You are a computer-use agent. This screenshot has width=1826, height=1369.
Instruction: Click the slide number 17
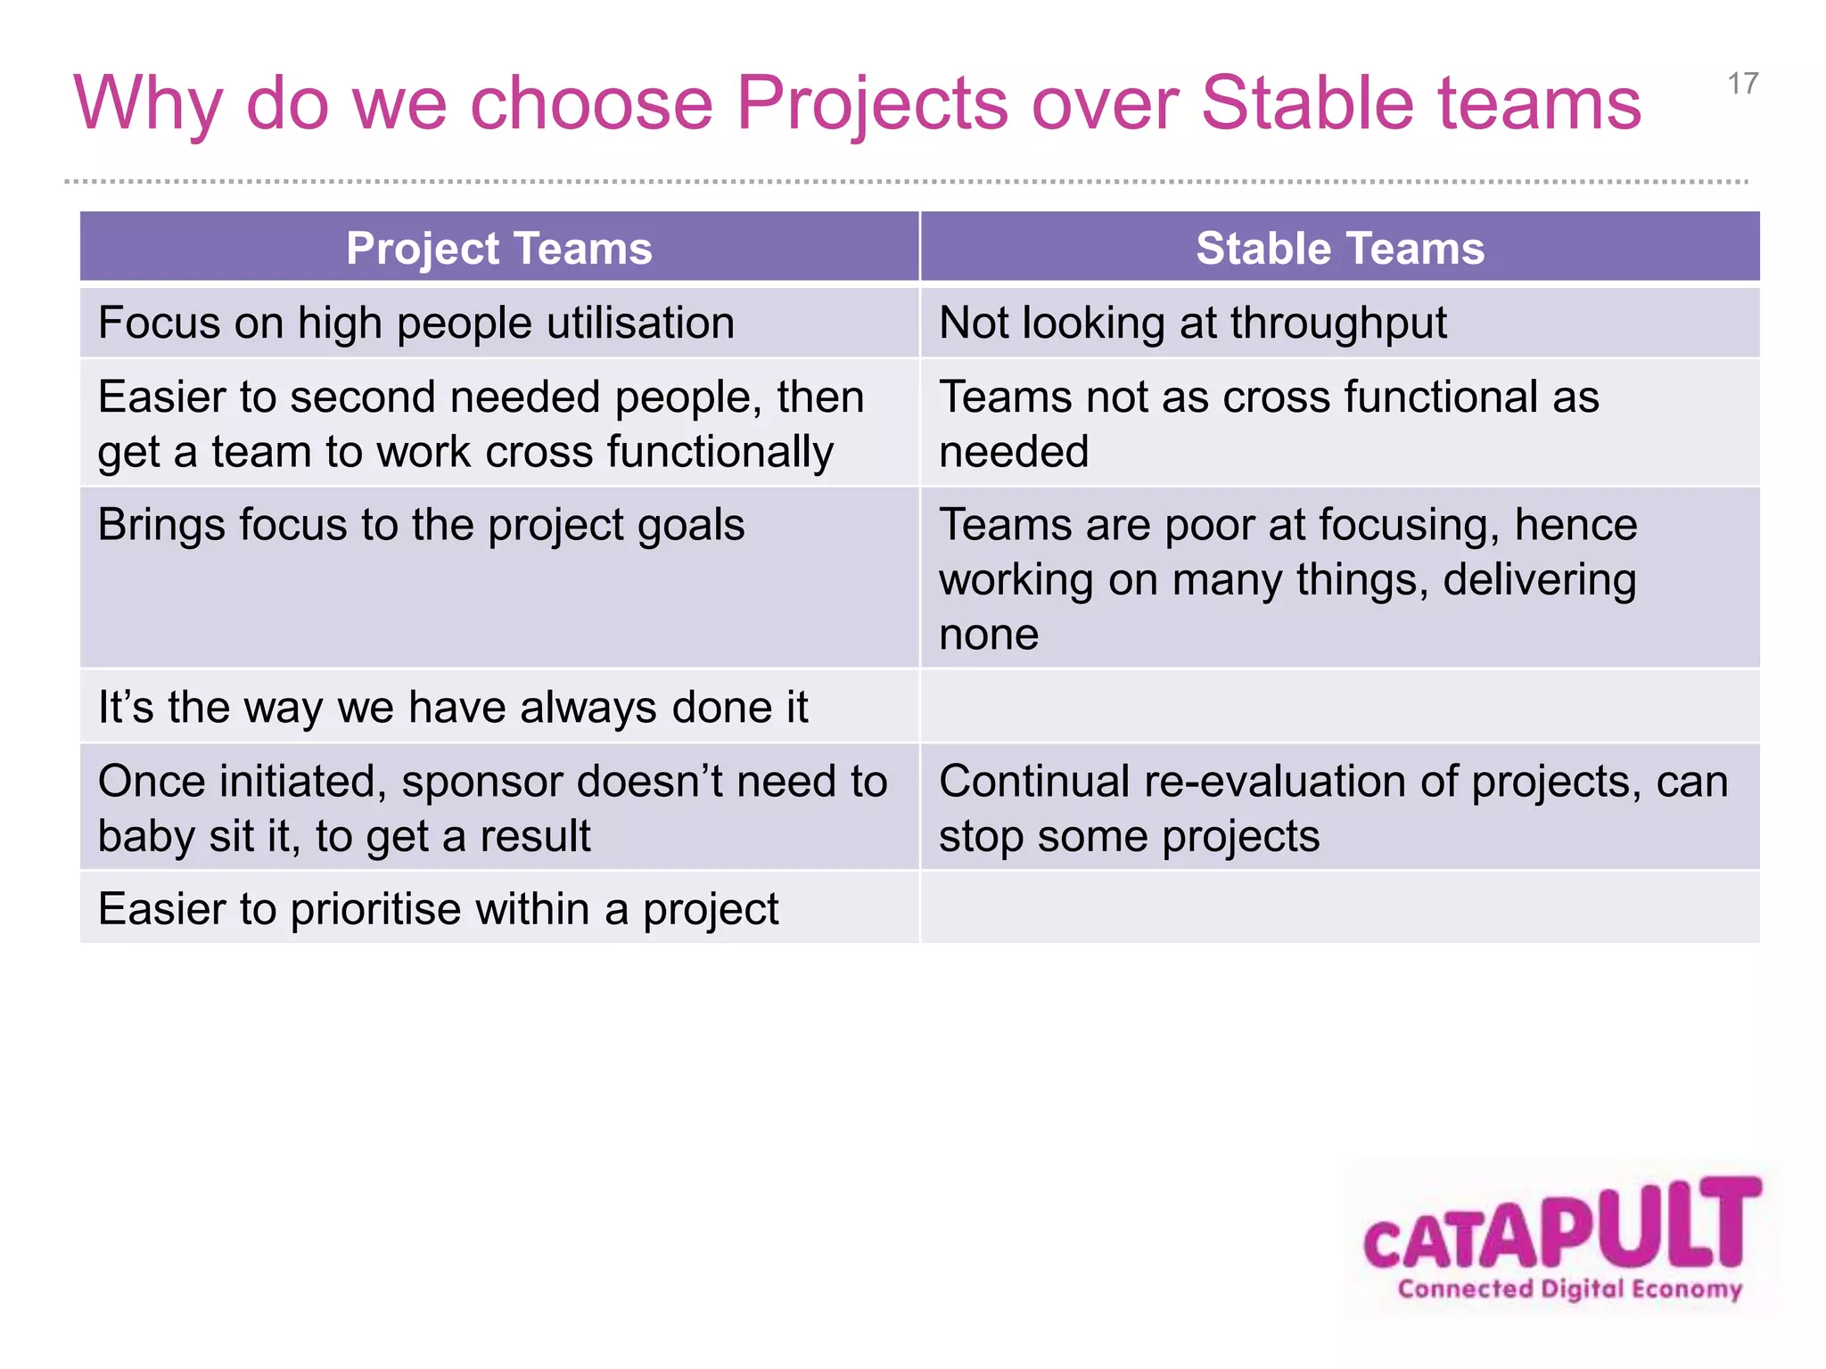[x=1742, y=84]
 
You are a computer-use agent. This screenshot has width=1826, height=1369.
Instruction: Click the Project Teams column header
[x=498, y=248]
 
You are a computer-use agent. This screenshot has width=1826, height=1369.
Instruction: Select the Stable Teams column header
[x=1339, y=248]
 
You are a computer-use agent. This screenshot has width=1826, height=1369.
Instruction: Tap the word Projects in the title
[x=872, y=103]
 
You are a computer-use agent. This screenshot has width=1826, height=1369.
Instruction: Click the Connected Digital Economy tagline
[x=1569, y=1289]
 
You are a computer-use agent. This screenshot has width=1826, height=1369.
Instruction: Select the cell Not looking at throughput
[x=1192, y=323]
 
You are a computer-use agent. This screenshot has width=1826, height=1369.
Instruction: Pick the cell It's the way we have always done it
[x=453, y=708]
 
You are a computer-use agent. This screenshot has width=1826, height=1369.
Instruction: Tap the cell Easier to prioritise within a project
[x=438, y=909]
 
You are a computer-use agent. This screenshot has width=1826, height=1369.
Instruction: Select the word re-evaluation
[x=1274, y=782]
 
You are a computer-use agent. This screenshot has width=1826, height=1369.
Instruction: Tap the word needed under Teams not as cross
[x=1013, y=453]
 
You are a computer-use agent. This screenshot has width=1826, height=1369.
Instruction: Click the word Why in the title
[x=147, y=104]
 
